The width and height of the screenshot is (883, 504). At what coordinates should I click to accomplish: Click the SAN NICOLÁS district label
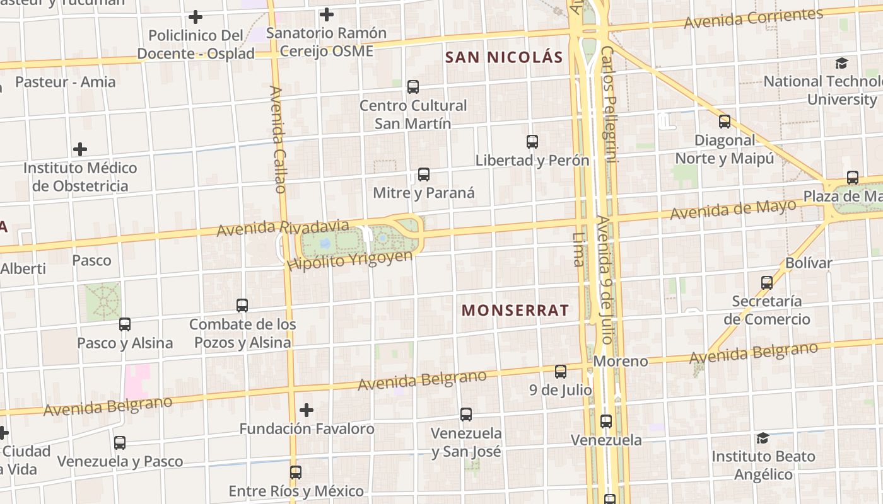(503, 57)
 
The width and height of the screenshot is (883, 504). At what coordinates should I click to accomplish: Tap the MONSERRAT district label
(515, 310)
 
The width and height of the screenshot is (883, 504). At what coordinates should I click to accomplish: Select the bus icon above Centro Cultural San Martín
(413, 87)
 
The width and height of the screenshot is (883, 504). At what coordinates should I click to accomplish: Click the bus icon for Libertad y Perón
(532, 142)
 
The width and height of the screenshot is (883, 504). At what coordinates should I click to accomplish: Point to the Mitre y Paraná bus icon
(424, 175)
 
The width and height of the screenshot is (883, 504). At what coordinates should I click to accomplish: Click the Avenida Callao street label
(278, 139)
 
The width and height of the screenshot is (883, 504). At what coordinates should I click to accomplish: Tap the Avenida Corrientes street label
(753, 18)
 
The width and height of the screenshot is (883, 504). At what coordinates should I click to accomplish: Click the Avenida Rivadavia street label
(283, 228)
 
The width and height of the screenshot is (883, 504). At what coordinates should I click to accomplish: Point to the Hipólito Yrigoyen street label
(349, 260)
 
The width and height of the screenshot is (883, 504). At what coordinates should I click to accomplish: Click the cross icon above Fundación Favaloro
(307, 410)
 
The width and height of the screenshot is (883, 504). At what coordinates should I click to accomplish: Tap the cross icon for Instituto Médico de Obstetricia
(80, 149)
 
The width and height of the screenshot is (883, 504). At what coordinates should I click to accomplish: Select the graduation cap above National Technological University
(841, 63)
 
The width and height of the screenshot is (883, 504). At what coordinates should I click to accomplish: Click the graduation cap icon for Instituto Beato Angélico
(763, 438)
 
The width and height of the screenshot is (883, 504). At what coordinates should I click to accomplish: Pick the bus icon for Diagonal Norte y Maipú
(725, 122)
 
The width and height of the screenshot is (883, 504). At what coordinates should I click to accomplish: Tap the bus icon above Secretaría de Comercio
(767, 283)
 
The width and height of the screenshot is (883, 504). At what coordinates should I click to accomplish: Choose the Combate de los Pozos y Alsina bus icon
(242, 306)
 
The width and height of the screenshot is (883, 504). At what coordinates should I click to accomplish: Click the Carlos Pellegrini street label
(609, 104)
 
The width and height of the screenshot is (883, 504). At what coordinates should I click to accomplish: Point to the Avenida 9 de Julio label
(604, 280)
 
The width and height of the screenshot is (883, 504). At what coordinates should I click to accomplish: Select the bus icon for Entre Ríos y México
(296, 472)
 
